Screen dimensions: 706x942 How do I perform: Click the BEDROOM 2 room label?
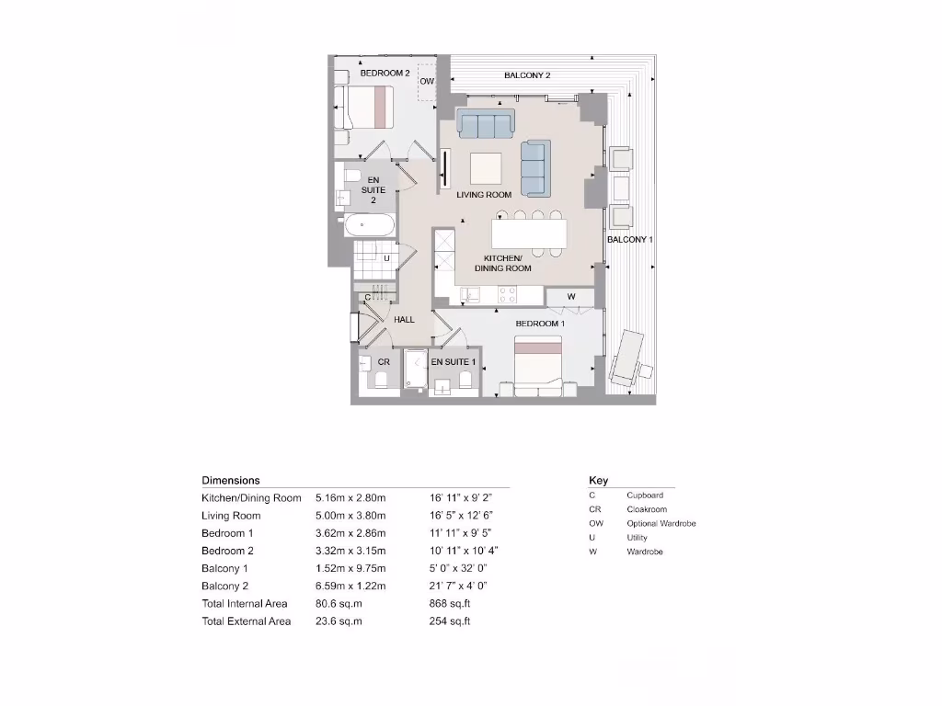tap(385, 73)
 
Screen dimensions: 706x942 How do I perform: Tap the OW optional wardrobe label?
tap(427, 81)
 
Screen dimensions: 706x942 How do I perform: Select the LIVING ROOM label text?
tap(484, 195)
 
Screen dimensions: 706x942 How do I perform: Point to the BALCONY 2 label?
tap(527, 75)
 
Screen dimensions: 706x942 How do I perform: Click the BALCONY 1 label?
tap(629, 240)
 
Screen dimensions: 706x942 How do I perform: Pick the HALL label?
tap(405, 320)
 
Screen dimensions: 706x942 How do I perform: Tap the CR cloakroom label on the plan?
tap(384, 362)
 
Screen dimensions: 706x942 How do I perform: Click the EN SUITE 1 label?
tap(454, 362)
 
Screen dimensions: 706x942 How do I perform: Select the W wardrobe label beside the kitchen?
tap(570, 296)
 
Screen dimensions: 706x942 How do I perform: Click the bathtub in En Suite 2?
tap(369, 224)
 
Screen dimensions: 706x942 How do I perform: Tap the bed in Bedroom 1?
tap(538, 366)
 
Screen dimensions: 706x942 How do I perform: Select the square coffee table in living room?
tap(487, 168)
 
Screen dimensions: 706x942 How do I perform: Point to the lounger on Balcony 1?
tap(631, 358)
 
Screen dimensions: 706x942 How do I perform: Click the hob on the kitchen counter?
tap(506, 295)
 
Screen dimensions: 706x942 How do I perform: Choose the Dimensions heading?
tap(231, 480)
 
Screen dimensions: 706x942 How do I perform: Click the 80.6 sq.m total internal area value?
tap(339, 604)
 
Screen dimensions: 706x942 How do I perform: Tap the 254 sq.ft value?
tap(450, 621)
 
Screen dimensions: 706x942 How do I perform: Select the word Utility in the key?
tap(637, 538)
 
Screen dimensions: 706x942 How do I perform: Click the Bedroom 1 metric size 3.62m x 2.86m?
tap(350, 533)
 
